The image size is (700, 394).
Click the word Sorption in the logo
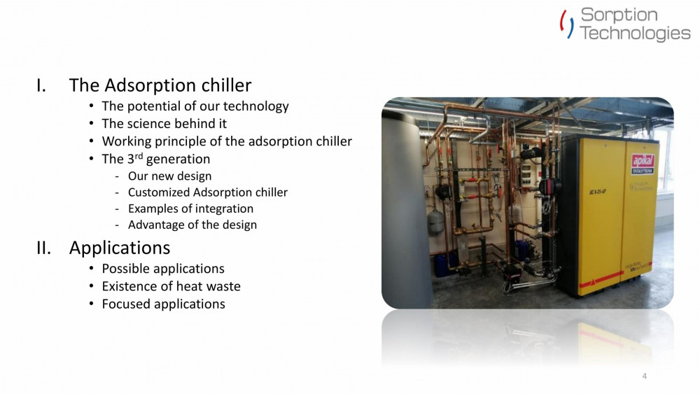coord(619,15)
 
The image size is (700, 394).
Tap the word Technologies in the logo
coord(635,33)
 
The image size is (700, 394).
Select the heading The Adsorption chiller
coord(160,85)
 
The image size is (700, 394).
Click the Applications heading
coord(119,248)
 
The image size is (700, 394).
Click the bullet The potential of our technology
coord(195,106)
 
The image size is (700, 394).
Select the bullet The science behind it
coord(164,124)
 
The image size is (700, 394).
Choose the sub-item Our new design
coord(169,176)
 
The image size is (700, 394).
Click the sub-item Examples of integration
coord(190,209)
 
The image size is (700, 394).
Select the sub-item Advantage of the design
coord(192,225)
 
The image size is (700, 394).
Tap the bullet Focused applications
coord(163,304)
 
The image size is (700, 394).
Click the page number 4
coord(644,377)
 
